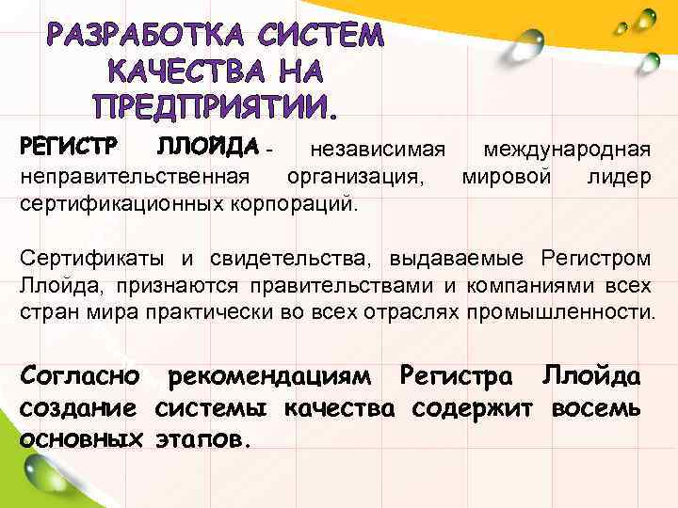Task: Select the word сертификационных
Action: (118, 201)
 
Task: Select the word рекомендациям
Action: (272, 378)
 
